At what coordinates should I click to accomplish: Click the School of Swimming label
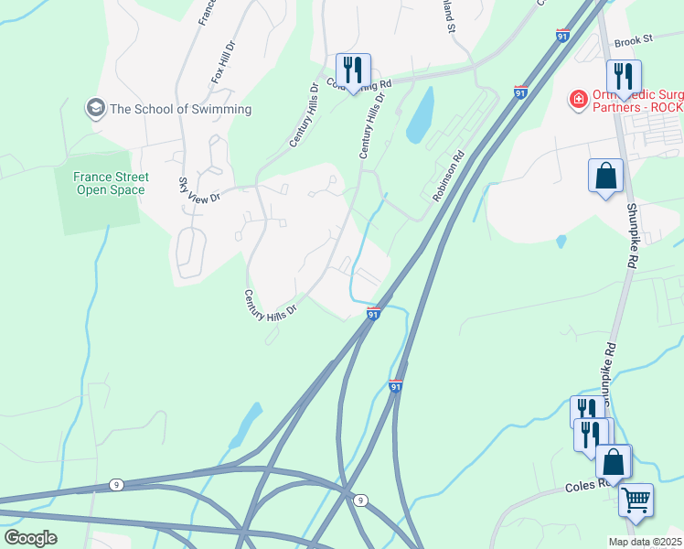(x=180, y=109)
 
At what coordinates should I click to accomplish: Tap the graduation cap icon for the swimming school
(x=95, y=109)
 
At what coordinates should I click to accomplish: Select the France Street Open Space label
(x=99, y=183)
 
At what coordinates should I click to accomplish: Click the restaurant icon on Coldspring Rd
(x=352, y=70)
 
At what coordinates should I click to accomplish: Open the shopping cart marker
(x=636, y=500)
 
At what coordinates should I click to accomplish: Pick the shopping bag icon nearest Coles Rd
(x=614, y=461)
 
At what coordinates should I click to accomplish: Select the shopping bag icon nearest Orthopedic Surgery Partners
(x=605, y=176)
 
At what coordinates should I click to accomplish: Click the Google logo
(x=31, y=537)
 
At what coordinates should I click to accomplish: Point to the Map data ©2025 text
(x=645, y=542)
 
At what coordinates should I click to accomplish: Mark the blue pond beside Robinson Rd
(x=420, y=116)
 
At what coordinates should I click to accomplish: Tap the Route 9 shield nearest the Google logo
(x=116, y=484)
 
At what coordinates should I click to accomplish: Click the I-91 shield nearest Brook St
(x=561, y=36)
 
